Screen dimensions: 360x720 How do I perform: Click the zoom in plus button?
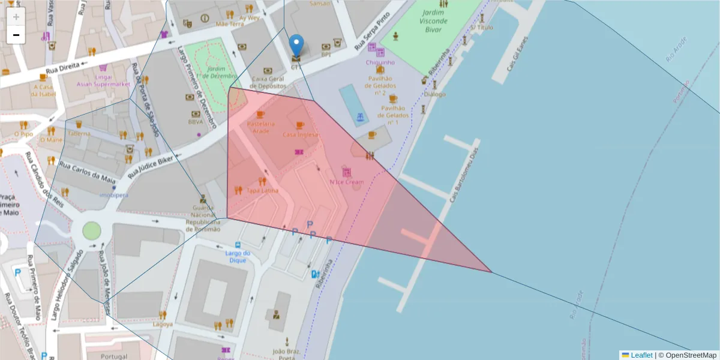pos(16,16)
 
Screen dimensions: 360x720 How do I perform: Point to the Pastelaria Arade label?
pos(261,127)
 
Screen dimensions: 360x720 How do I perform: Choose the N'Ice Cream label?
pos(346,182)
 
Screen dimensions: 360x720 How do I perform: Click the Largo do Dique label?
pos(238,257)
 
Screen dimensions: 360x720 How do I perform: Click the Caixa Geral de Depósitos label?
pos(268,82)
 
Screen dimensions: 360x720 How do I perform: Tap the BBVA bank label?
pos(196,122)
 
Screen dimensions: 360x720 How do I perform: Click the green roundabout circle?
pos(91,230)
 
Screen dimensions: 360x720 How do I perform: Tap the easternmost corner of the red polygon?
pos(491,272)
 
